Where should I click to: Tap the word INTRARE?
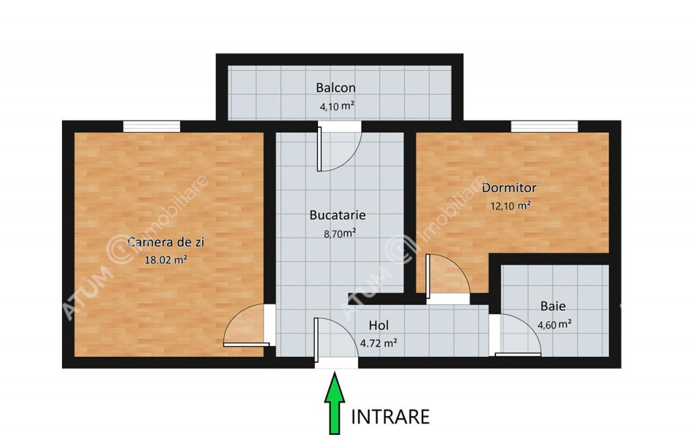[390, 417]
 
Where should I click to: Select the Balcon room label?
[336, 88]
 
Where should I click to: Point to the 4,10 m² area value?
[337, 106]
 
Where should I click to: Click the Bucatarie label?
[338, 215]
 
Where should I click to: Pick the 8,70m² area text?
[340, 234]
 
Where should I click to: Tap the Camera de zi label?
[166, 242]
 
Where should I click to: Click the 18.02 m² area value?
[166, 260]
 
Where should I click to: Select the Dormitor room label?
[509, 188]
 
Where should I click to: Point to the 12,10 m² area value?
[511, 206]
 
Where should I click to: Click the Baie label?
[553, 306]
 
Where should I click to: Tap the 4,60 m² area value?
[555, 325]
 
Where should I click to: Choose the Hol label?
[379, 325]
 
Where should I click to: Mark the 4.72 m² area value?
[379, 343]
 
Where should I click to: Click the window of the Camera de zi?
[152, 127]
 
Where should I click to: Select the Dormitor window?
[544, 127]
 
